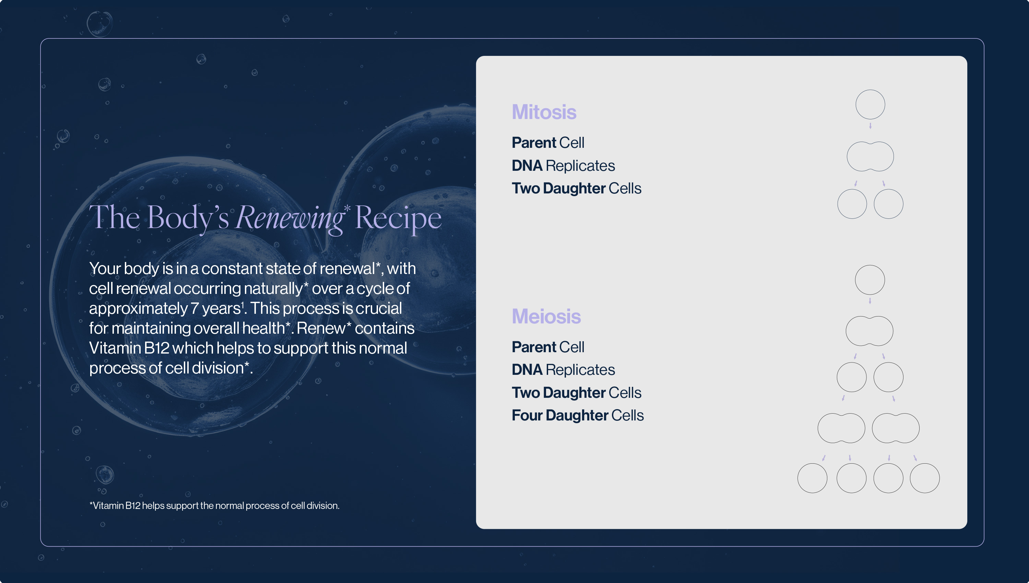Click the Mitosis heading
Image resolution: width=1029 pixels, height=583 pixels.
pyautogui.click(x=544, y=112)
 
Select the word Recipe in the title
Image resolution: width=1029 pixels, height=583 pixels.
pyautogui.click(x=398, y=218)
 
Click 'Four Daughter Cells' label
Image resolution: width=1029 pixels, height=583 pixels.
pyautogui.click(x=578, y=415)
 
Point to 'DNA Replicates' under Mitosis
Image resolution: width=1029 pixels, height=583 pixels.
pyautogui.click(x=563, y=166)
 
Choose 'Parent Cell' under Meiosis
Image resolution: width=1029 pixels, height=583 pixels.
pyautogui.click(x=548, y=347)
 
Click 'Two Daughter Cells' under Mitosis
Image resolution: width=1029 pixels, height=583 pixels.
pyautogui.click(x=577, y=189)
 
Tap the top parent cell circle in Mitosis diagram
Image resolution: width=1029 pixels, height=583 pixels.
pyautogui.click(x=870, y=90)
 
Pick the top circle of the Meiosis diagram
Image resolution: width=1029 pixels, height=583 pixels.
pyautogui.click(x=870, y=265)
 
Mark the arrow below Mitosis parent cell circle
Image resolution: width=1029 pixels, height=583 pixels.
pyautogui.click(x=870, y=126)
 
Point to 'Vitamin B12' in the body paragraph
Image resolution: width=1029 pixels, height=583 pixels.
pyautogui.click(x=129, y=348)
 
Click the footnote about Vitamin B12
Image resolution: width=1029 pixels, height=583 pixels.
pyautogui.click(x=214, y=506)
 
